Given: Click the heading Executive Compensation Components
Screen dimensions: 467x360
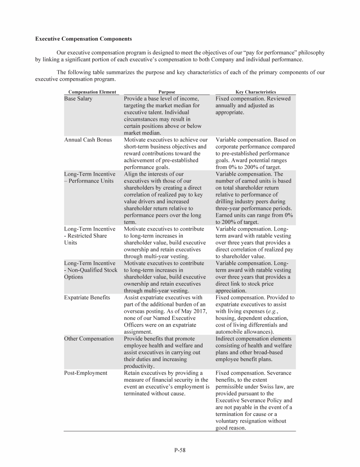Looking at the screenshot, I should (83, 38).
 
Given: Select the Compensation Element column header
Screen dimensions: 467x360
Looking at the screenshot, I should (92, 92).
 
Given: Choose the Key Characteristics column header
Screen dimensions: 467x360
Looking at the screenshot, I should (255, 92).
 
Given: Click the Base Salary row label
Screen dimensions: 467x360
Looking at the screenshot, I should (78, 99).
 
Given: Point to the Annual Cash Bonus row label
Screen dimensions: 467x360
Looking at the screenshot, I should (88, 140).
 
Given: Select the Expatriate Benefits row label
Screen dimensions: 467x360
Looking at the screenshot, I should (87, 297).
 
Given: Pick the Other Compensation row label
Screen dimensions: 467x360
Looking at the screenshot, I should (89, 339).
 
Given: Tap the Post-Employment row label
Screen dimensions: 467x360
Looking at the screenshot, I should (86, 373).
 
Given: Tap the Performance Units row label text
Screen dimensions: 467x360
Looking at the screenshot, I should (90, 181).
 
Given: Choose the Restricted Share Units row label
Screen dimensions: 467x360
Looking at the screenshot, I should (87, 236).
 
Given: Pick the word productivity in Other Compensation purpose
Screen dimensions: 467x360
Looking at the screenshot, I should (140, 366).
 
